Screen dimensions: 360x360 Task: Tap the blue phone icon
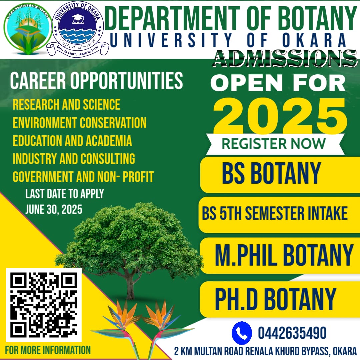[242, 333]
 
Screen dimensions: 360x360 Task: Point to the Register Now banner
[273, 144]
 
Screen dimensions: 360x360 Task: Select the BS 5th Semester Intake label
[275, 213]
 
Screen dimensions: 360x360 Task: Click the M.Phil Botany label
[284, 255]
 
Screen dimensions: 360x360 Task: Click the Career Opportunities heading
[96, 81]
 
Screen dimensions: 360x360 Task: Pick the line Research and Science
[66, 105]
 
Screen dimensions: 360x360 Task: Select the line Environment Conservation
[79, 123]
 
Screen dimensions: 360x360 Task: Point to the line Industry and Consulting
[74, 159]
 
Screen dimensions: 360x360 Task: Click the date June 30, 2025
[54, 210]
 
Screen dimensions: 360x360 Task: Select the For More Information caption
[48, 350]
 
